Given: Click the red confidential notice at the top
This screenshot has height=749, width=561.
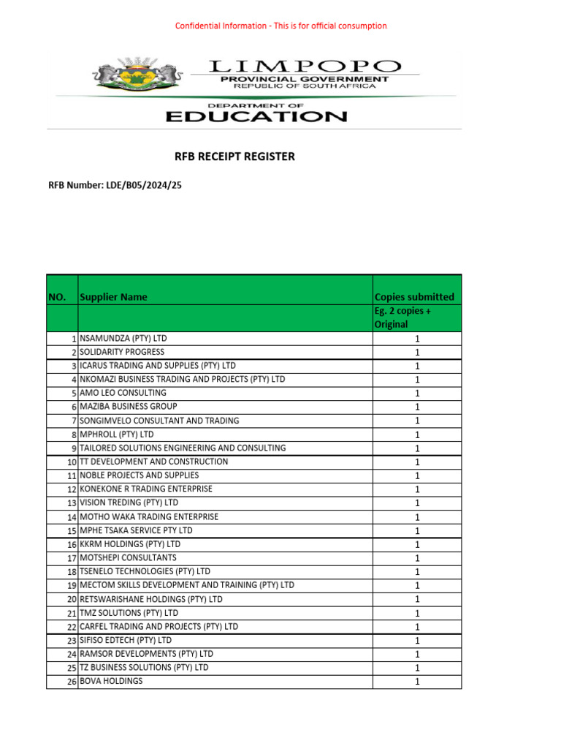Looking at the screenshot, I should [280, 26].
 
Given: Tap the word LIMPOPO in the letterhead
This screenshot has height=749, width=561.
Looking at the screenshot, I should [305, 67].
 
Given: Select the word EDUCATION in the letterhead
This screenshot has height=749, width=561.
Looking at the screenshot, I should [255, 116].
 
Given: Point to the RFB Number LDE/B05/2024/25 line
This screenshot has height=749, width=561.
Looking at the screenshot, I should [115, 186].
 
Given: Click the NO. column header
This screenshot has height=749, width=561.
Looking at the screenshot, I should [57, 297].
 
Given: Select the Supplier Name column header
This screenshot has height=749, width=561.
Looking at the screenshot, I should [113, 297].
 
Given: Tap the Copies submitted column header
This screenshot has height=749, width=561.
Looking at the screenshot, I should [414, 297].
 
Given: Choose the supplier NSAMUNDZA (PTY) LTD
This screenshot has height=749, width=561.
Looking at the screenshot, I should [123, 339].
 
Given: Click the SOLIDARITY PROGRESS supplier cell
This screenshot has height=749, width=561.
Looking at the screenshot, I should [122, 352].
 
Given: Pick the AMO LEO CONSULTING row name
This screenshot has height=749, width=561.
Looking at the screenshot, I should [123, 393].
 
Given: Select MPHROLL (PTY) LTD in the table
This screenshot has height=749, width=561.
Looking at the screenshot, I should [118, 434].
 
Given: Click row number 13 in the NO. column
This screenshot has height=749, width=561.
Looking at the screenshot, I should [72, 503].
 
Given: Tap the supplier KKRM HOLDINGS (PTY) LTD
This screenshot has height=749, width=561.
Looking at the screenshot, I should [130, 544].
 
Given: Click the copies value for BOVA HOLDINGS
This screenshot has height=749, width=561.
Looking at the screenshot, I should [417, 682].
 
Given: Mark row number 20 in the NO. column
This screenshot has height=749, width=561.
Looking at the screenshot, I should [72, 600].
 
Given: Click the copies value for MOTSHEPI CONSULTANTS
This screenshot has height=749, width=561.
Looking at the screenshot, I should [417, 558].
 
